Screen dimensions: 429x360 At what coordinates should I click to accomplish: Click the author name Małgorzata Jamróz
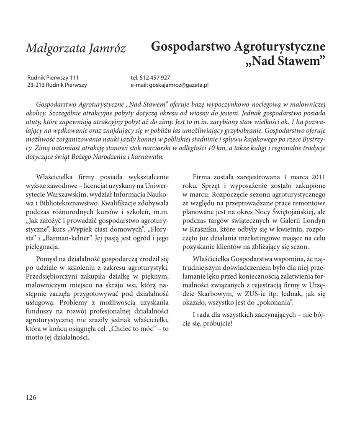tap(75, 48)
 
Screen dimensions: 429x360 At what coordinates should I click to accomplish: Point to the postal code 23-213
tap(36, 85)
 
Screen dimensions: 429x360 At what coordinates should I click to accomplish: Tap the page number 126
tap(31, 397)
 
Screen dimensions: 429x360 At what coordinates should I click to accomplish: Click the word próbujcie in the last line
tap(216, 324)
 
